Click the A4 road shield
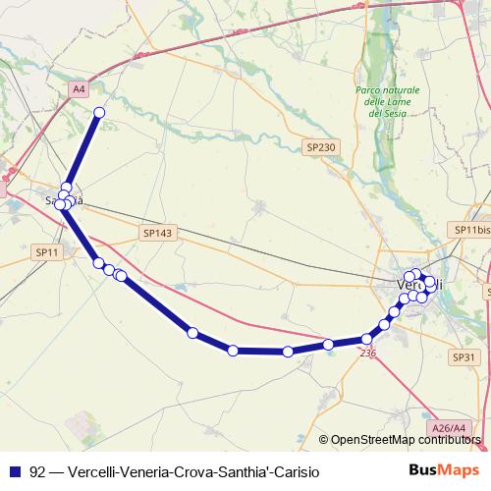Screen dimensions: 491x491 [x=80, y=89]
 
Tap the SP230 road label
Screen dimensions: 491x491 [x=321, y=146]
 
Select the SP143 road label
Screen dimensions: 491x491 [x=157, y=233]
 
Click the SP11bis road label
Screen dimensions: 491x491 [x=470, y=230]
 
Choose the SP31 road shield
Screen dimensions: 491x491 [x=464, y=329]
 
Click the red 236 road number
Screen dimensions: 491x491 [x=368, y=353]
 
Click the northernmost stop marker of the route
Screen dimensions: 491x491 [x=98, y=113]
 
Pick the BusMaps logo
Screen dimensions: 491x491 [x=445, y=471]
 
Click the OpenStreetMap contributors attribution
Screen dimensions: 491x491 [x=406, y=440]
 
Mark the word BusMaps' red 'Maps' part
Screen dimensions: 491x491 [x=462, y=471]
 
